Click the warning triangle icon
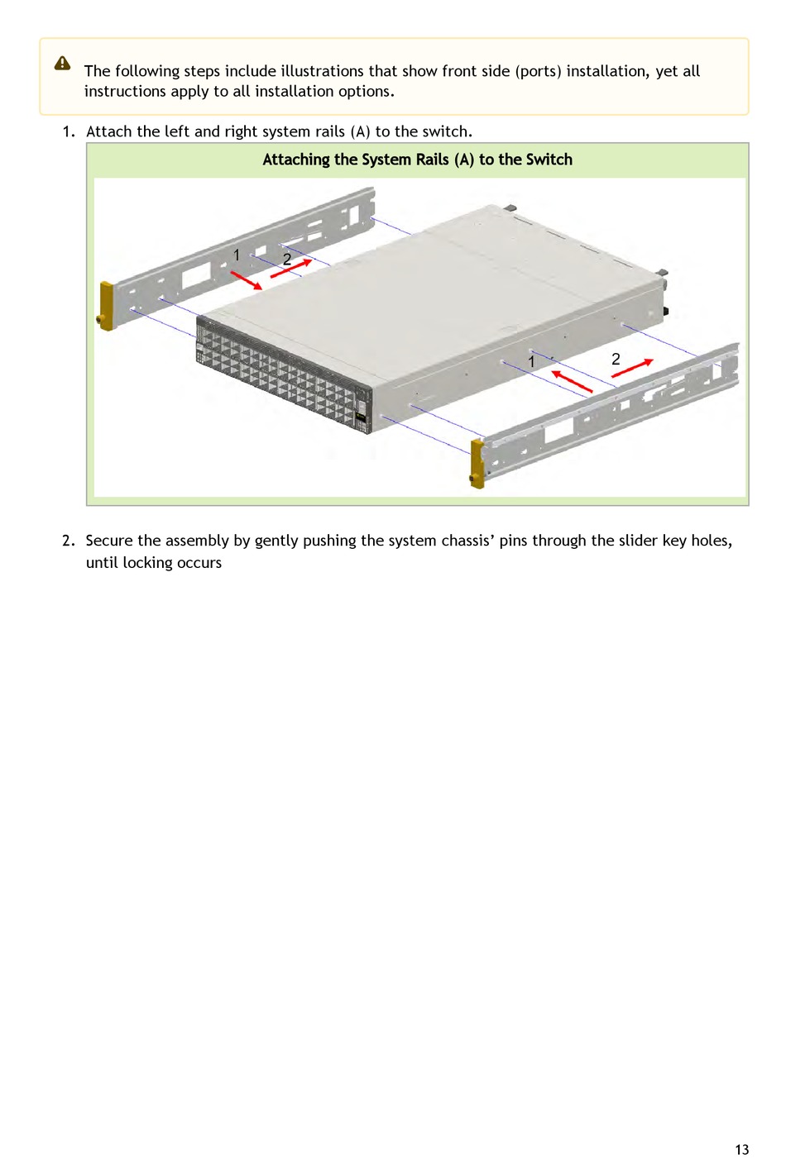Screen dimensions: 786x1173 62,64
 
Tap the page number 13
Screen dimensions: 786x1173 741,1149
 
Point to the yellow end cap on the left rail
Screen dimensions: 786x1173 106,307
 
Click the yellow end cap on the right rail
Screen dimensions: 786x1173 477,464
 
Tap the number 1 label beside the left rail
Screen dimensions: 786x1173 237,255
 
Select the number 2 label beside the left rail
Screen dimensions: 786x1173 286,260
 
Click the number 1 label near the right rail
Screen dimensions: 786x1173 531,361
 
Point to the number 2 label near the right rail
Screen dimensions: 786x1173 616,359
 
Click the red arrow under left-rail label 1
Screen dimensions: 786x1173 247,280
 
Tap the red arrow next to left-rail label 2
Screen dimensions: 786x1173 291,268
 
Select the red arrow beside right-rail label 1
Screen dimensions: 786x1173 572,381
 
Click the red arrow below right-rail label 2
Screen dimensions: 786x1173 632,368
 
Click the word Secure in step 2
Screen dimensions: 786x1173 109,541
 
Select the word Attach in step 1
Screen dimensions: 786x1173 109,131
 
